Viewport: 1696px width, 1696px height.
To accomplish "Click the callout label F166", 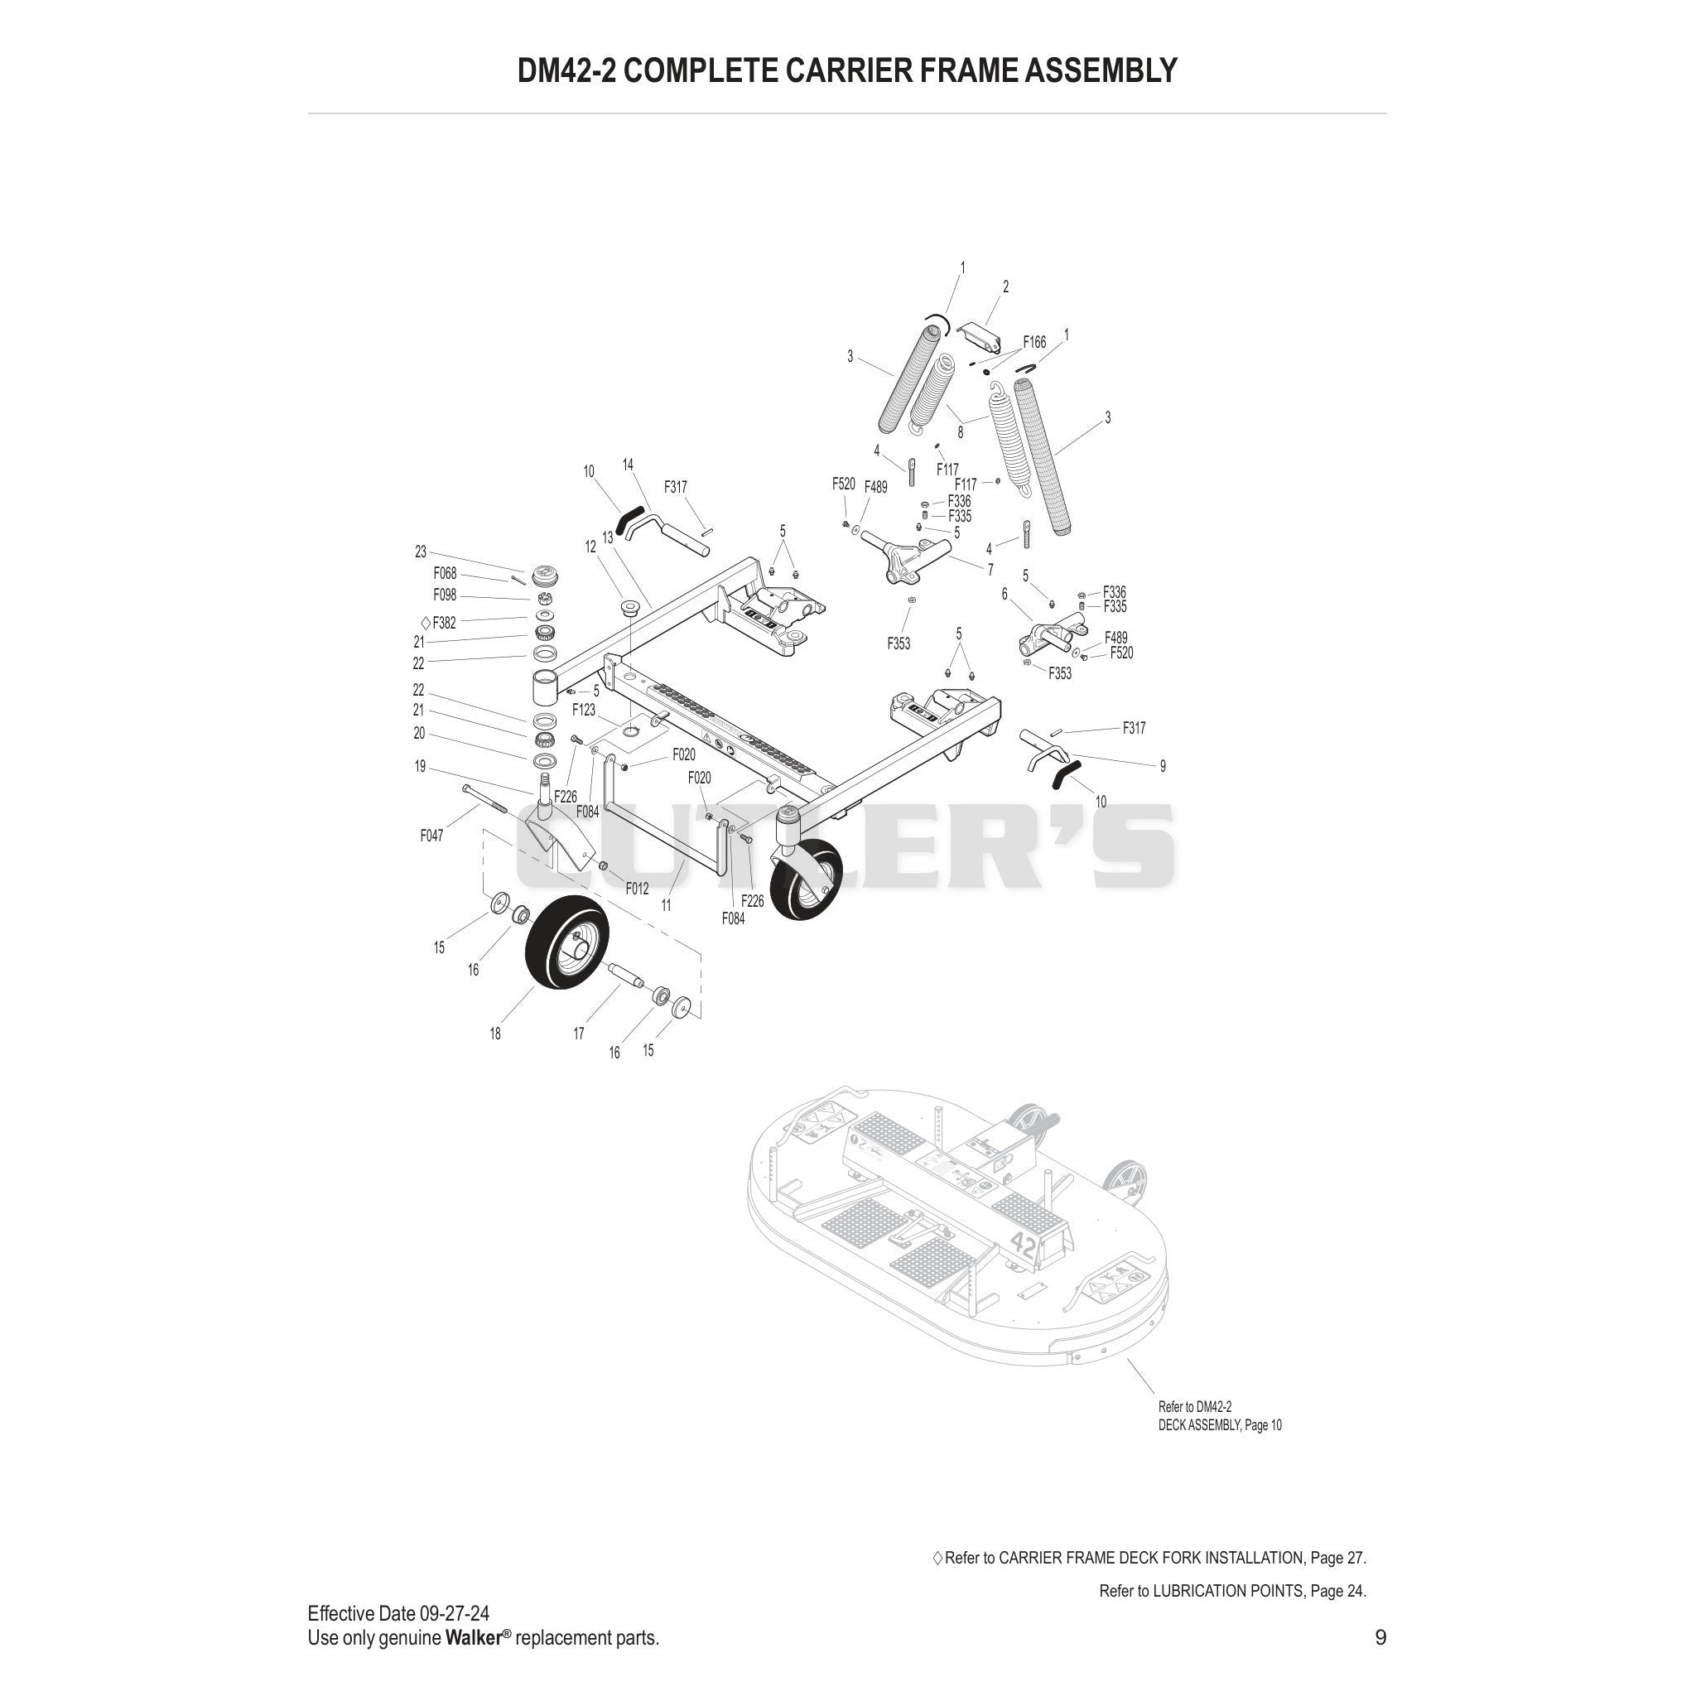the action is (1034, 342).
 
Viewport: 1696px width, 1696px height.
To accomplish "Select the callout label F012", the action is (637, 889).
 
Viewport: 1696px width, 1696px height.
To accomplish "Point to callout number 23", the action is (421, 552).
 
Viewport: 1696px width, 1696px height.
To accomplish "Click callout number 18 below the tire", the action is (495, 1034).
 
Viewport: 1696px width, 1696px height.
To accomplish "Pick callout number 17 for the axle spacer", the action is (579, 1034).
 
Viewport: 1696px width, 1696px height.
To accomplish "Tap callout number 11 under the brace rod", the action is (667, 905).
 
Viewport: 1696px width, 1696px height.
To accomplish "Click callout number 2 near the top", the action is (1005, 287).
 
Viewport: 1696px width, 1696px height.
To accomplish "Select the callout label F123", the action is (584, 710).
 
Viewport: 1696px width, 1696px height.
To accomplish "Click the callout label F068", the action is (445, 573).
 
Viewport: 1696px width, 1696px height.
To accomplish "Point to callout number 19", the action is (420, 766).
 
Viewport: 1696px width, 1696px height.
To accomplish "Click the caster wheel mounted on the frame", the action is (806, 879).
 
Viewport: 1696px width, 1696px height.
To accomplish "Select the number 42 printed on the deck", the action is (1023, 1243).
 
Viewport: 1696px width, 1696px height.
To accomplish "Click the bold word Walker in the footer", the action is (473, 1637).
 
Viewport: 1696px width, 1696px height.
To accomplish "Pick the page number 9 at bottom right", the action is (1380, 1637).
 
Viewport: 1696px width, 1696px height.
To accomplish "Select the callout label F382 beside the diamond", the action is (444, 624).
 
